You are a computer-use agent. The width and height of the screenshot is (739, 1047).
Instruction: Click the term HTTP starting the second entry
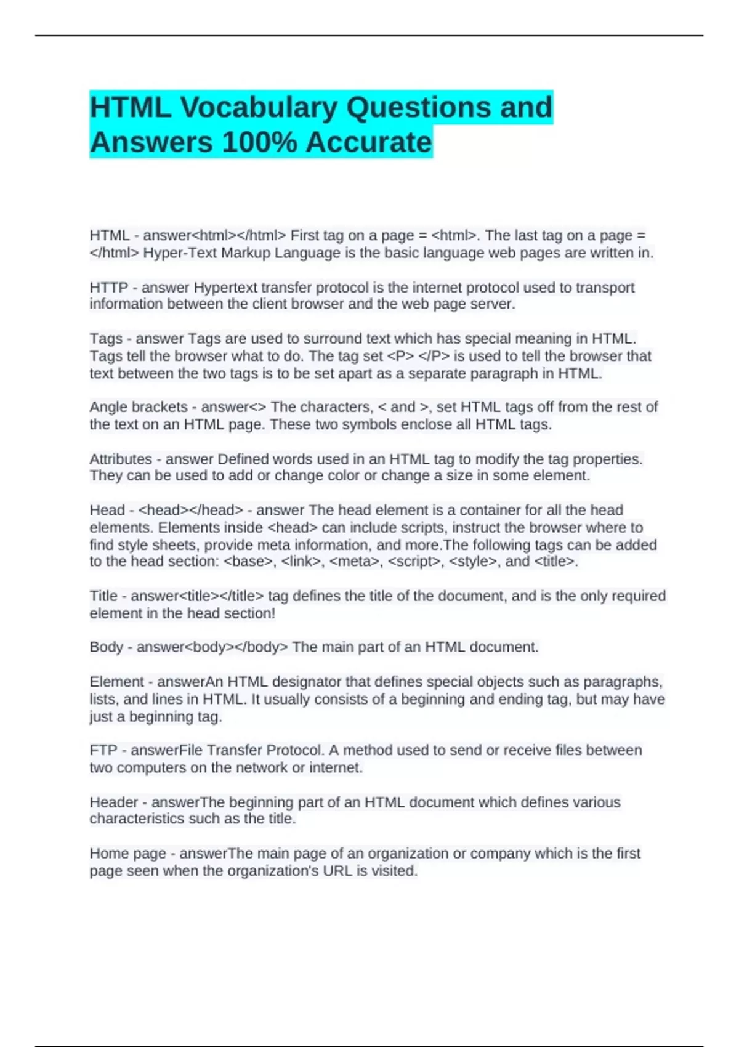[108, 288]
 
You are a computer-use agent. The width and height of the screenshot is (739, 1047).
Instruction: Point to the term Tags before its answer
[106, 339]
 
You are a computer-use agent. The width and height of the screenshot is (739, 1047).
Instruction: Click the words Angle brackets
[139, 407]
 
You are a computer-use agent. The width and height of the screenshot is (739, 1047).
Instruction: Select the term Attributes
[121, 459]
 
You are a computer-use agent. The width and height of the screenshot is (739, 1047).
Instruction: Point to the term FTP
[103, 750]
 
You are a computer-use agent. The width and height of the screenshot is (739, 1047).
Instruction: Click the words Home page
[127, 854]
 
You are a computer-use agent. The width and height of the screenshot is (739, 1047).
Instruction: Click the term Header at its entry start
[114, 802]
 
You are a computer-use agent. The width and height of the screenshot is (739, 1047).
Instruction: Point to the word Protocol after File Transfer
[294, 750]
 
